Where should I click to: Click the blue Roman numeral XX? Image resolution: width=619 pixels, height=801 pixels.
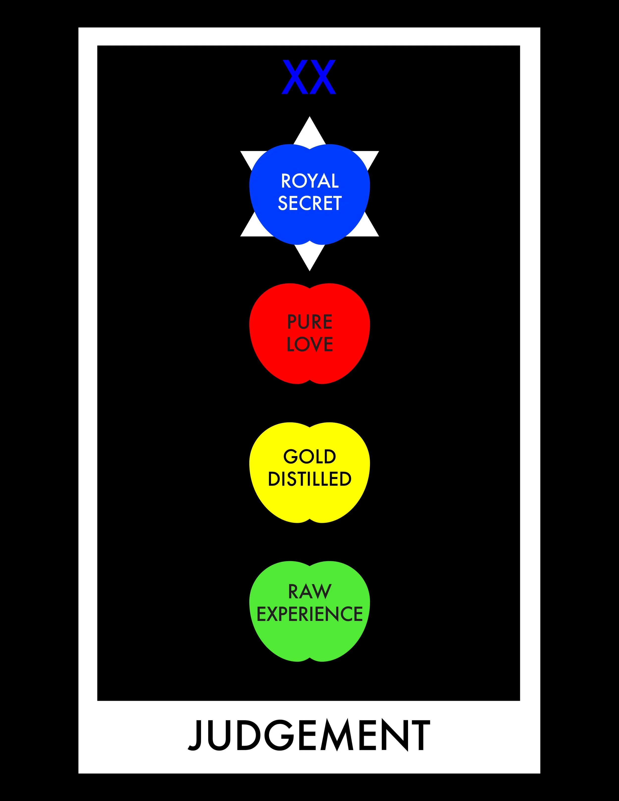click(309, 77)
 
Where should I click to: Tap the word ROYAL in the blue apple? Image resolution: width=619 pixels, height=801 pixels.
click(309, 181)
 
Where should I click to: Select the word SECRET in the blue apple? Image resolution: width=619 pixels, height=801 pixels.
click(309, 203)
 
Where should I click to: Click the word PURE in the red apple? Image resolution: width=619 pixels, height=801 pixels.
click(309, 322)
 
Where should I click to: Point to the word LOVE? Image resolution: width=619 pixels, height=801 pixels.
click(309, 344)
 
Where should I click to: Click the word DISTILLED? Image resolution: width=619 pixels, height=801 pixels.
click(309, 479)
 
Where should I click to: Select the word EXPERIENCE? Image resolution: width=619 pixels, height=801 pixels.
click(309, 614)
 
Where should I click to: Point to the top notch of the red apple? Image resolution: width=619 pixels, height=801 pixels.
click(309, 288)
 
